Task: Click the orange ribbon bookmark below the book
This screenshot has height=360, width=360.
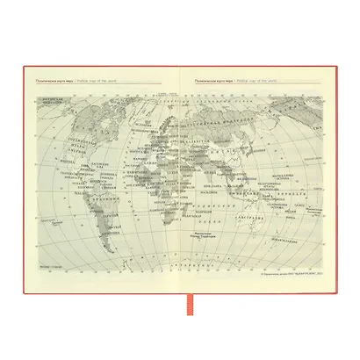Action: coord(180,298)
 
